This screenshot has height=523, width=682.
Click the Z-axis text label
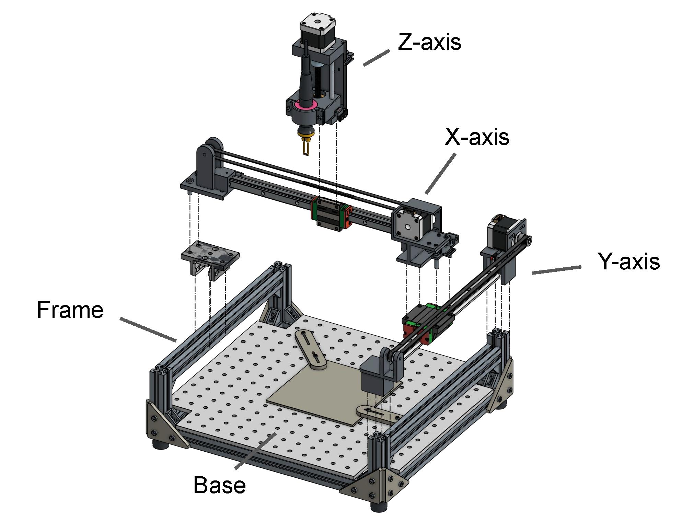429,42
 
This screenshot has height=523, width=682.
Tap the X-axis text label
477,137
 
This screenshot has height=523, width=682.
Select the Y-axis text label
628,262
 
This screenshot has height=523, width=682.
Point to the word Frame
70,310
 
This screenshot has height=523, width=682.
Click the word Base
219,485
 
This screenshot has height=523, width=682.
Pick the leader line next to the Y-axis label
556,270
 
